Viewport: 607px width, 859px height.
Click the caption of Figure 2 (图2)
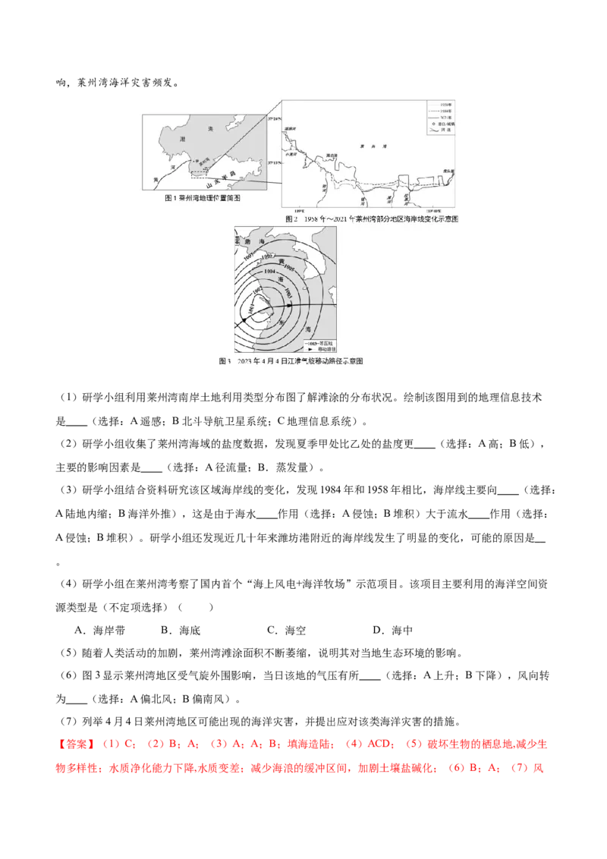click(x=372, y=218)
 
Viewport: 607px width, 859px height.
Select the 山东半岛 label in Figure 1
click(x=223, y=178)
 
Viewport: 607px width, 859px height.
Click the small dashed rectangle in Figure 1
click(x=199, y=174)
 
